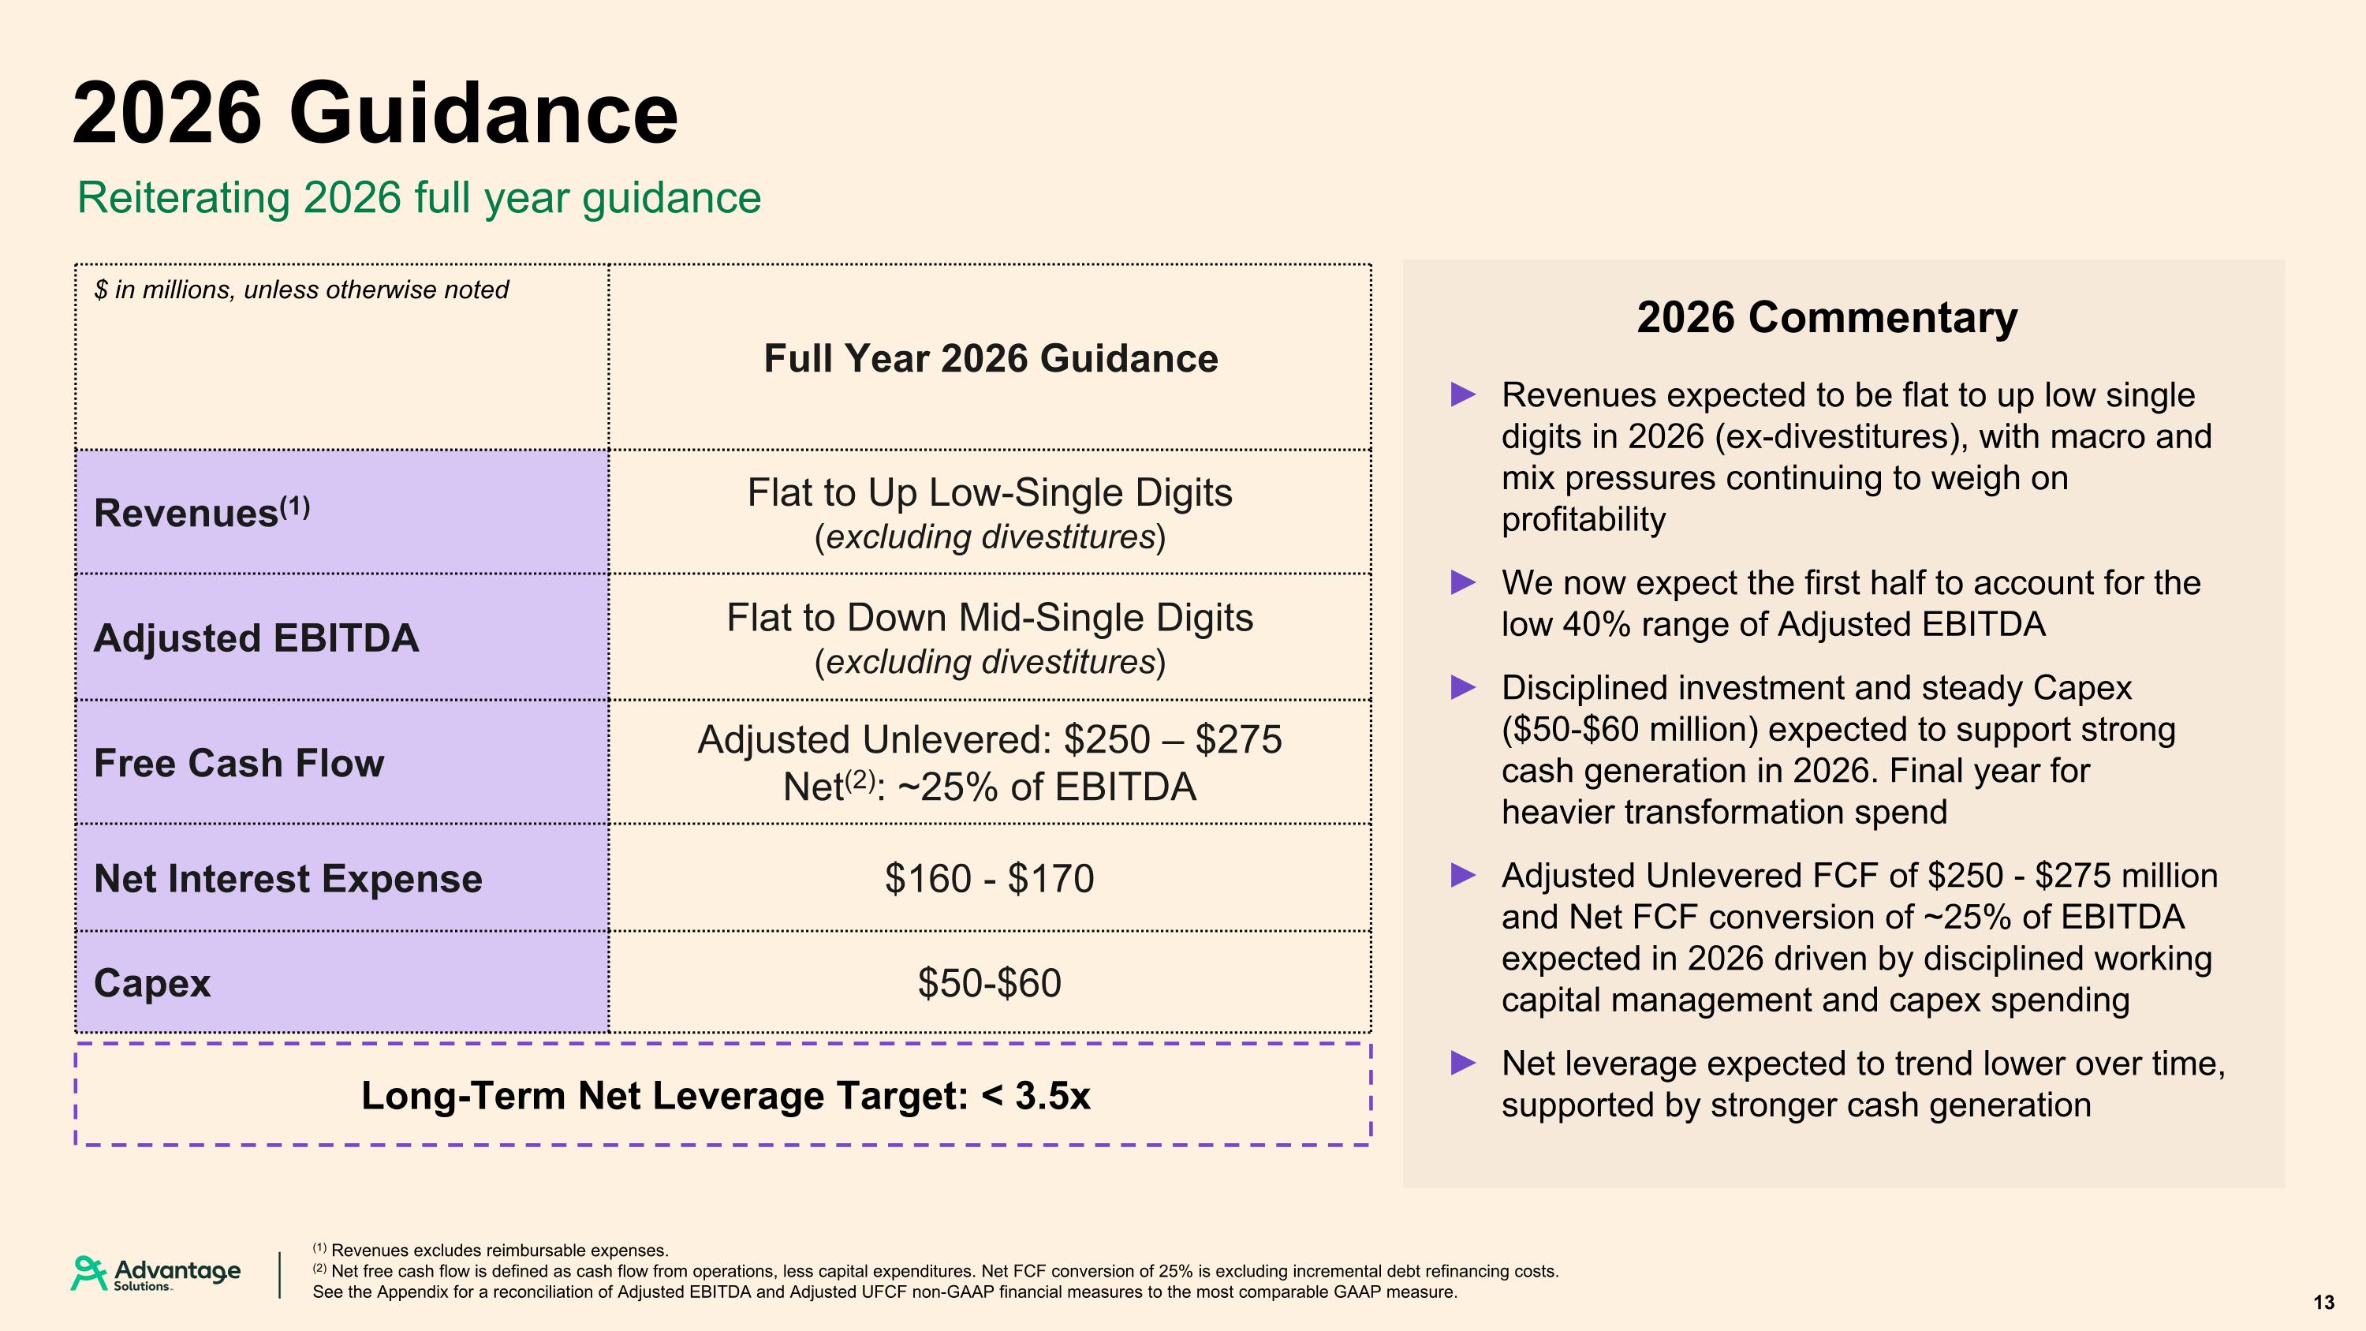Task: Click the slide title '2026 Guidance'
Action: click(x=375, y=113)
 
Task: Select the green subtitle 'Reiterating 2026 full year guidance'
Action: click(x=419, y=198)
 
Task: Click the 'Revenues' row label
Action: click(x=202, y=511)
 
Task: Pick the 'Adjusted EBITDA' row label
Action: click(x=256, y=637)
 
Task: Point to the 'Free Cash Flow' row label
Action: click(x=239, y=763)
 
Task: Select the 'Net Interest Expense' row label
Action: click(x=288, y=878)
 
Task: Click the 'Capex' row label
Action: click(x=152, y=984)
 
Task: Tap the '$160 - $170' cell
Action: click(x=989, y=879)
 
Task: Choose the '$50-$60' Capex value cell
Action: click(x=989, y=983)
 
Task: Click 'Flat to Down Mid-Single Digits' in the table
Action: click(x=989, y=617)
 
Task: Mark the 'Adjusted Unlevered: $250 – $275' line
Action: click(x=989, y=739)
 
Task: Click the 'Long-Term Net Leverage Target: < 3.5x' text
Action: click(x=726, y=1096)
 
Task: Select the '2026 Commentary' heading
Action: click(x=1827, y=318)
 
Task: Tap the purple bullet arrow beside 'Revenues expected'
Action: click(x=1463, y=395)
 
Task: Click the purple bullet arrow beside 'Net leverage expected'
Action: click(x=1463, y=1064)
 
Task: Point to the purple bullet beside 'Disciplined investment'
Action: click(x=1463, y=687)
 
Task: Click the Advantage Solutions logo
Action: click(x=156, y=1274)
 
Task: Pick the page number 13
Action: click(x=2323, y=1303)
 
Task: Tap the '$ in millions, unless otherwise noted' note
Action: click(x=301, y=290)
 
